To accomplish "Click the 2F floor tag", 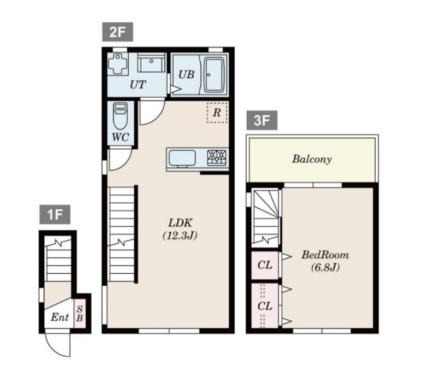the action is pos(117,32).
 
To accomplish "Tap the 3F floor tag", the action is pos(262,120).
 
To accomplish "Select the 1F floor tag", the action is pos(55,214).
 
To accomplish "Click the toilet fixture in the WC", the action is pos(120,116).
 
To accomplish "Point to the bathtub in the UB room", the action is pos(214,75).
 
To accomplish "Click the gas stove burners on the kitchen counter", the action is pos(217,157).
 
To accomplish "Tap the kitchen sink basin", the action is pos(182,158).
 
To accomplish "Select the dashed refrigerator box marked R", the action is pos(217,113).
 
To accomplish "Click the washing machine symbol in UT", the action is pos(117,63).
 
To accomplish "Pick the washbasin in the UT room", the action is pos(151,62).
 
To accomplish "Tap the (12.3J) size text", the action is pos(180,236).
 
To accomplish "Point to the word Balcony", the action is pos(312,159).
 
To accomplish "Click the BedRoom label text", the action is pos(325,255).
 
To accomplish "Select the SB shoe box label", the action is pos(79,314).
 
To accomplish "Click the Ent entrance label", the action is pos(60,317).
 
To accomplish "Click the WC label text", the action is pos(120,137).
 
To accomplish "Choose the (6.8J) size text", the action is pos(325,267).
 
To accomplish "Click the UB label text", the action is pos(186,74).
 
